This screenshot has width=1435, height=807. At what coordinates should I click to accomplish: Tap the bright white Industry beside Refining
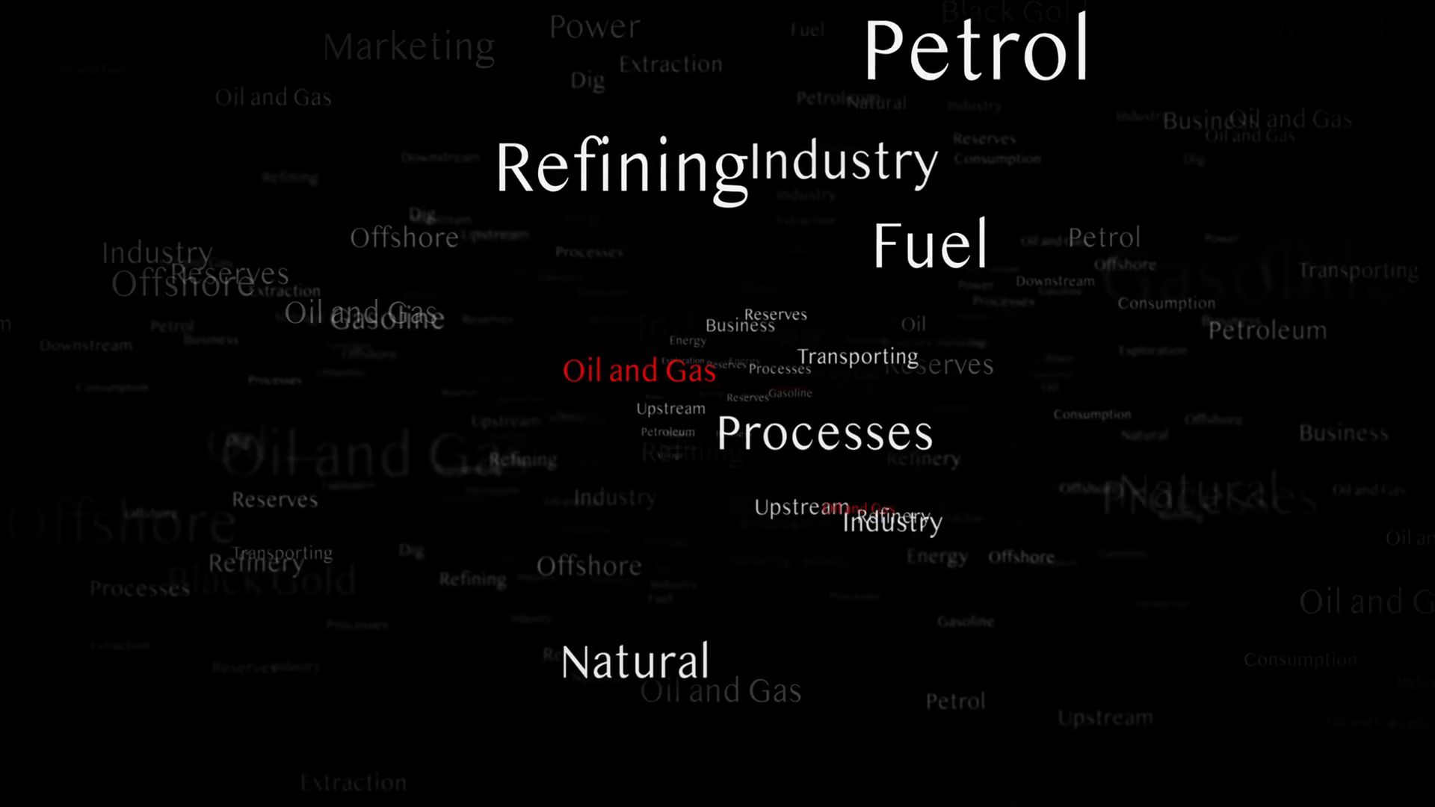844,161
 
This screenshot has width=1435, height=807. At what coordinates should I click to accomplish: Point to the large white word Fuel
931,244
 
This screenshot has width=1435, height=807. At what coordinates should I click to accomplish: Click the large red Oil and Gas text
639,371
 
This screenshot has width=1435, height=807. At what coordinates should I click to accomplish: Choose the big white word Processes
824,433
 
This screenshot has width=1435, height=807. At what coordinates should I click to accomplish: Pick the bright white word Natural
635,662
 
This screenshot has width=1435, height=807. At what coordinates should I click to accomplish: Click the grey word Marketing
409,47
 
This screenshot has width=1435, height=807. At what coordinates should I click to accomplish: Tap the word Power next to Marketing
595,28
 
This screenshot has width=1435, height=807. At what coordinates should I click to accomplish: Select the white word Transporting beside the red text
857,357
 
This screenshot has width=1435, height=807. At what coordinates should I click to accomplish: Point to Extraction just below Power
670,65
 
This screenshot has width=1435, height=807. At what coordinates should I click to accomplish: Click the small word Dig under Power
587,81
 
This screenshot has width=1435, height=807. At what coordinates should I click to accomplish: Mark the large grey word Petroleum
1268,330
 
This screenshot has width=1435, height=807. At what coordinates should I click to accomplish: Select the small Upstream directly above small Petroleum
670,409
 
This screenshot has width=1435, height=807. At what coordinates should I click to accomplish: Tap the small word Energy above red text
688,341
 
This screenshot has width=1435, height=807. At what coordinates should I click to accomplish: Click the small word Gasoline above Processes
790,393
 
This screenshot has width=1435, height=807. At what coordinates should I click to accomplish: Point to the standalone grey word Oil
913,324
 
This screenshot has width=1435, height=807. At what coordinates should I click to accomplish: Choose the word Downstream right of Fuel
1055,282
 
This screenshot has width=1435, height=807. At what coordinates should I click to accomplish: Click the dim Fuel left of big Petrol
807,31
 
